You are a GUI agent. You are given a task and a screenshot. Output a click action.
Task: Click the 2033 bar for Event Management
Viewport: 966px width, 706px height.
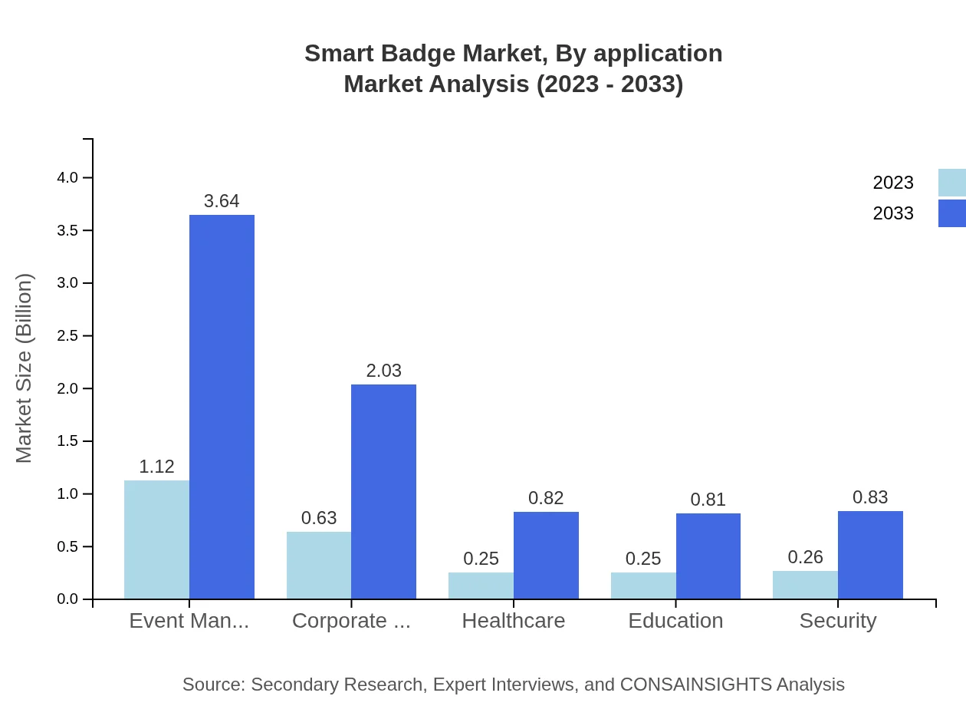tap(222, 407)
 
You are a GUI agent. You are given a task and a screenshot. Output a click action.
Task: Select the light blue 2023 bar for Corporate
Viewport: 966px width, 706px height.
tap(319, 566)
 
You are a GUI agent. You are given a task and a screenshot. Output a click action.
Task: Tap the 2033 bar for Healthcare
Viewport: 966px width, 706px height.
tap(546, 556)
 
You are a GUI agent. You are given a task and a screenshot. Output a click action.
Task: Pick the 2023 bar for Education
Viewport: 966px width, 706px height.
tap(643, 586)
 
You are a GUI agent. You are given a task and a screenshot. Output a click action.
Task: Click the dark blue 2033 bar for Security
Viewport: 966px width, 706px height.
tap(870, 555)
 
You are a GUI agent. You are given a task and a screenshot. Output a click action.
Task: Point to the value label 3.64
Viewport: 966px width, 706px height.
tap(222, 201)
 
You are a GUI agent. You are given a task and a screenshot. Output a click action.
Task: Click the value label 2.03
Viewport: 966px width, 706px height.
tap(383, 371)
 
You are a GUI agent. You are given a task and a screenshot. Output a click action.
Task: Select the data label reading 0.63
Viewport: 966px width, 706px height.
tap(319, 518)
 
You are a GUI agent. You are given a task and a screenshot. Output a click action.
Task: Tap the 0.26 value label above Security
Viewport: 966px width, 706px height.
tap(805, 557)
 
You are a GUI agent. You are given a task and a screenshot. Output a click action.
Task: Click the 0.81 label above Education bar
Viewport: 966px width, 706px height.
tap(708, 500)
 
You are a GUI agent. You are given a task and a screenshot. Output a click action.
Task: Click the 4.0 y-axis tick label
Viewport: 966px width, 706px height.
tap(67, 178)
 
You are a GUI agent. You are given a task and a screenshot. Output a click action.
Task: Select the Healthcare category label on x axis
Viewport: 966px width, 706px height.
tap(513, 621)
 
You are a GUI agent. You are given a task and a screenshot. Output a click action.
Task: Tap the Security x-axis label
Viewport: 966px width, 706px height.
tap(837, 621)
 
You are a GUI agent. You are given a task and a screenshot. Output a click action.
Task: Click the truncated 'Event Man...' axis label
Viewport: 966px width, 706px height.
tap(189, 621)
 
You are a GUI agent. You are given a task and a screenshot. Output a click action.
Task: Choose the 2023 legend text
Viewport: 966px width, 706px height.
tap(893, 183)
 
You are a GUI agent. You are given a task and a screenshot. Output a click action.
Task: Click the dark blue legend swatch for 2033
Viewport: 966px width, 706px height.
tap(951, 213)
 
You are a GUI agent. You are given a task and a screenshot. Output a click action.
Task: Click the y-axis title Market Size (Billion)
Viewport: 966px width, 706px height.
tap(25, 368)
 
